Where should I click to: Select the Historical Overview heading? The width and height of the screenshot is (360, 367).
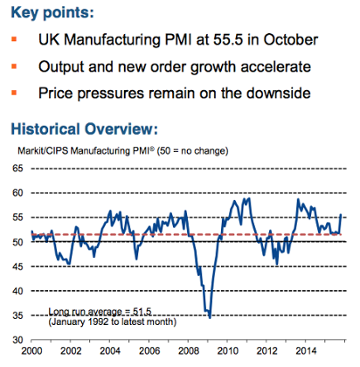pyautogui.click(x=83, y=128)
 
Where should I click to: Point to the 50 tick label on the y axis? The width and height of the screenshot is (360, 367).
pyautogui.click(x=16, y=242)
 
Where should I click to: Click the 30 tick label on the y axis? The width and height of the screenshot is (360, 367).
pyautogui.click(x=16, y=341)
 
